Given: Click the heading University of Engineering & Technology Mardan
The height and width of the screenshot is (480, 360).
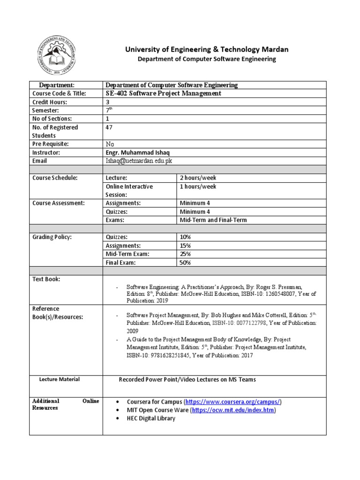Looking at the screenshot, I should tap(206, 49).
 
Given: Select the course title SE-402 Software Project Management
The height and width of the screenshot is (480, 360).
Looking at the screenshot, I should tap(163, 93).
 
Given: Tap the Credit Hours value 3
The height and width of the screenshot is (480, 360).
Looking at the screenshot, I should tap(108, 102).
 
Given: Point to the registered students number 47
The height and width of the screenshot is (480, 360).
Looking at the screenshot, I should tap(110, 127).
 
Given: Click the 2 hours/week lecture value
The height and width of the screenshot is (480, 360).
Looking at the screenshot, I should tap(198, 178).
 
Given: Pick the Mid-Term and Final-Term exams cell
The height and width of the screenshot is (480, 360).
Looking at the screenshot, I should tap(213, 220).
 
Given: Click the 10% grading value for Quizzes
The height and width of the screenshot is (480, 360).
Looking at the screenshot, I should tap(185, 237).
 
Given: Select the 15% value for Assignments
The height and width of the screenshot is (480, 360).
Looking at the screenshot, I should tap(185, 246).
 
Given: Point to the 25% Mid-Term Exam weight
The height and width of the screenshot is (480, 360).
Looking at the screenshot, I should tap(185, 254).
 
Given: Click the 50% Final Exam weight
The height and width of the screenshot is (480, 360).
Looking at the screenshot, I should tap(185, 262).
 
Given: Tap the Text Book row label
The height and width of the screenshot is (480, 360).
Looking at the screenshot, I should tap(46, 279).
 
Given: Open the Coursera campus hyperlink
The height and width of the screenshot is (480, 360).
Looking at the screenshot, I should tap(233, 402).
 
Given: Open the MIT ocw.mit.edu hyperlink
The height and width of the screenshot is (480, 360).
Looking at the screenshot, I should tap(233, 410).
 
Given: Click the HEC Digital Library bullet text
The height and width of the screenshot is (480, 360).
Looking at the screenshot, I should tap(150, 418).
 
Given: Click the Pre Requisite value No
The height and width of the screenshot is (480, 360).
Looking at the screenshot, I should tap(110, 144).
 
